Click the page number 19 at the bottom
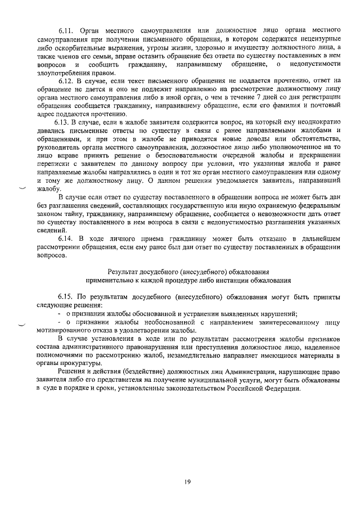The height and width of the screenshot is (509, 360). pos(188,481)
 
